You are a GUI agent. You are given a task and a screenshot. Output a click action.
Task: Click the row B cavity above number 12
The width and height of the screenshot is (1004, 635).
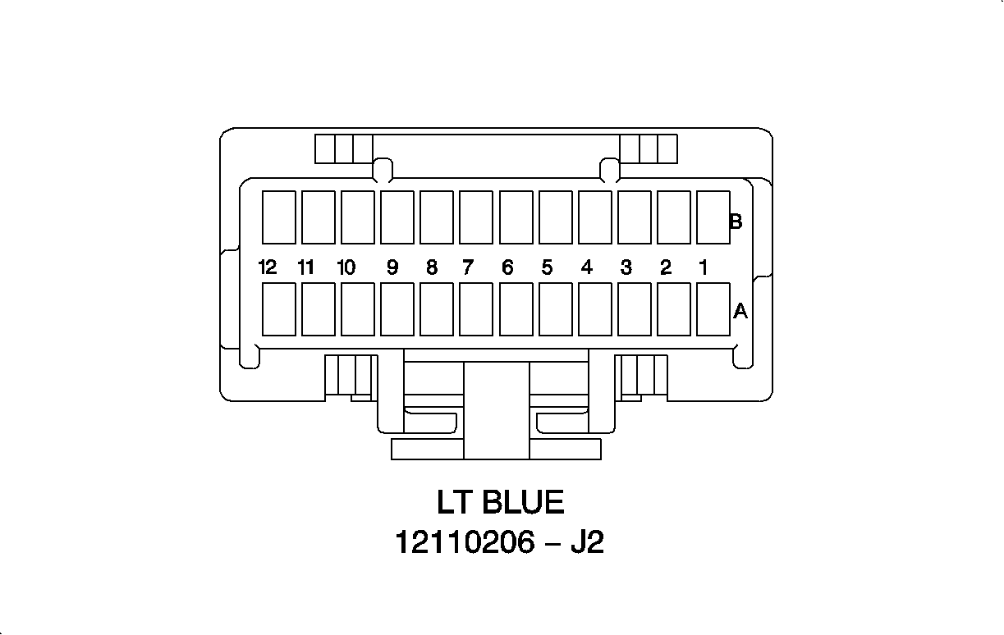click(x=279, y=217)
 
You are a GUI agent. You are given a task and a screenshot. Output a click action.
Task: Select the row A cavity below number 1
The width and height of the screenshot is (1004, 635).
click(x=713, y=309)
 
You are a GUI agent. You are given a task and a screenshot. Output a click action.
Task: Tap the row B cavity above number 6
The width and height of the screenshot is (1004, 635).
click(x=516, y=217)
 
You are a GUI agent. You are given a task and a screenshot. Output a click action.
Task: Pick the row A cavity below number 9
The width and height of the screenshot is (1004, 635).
click(x=397, y=309)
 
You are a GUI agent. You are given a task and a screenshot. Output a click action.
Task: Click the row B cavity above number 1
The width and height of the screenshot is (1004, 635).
click(x=713, y=217)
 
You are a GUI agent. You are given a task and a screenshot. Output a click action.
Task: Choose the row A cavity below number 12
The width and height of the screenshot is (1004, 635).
click(x=279, y=309)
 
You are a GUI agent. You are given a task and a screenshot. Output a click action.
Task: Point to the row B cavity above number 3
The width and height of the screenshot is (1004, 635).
click(x=635, y=217)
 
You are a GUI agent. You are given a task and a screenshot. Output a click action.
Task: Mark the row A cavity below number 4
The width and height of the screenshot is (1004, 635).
click(x=595, y=309)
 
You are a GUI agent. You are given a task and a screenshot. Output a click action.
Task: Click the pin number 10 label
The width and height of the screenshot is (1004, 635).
click(x=346, y=267)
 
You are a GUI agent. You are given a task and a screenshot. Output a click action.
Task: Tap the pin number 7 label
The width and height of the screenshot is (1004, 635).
click(x=468, y=267)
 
